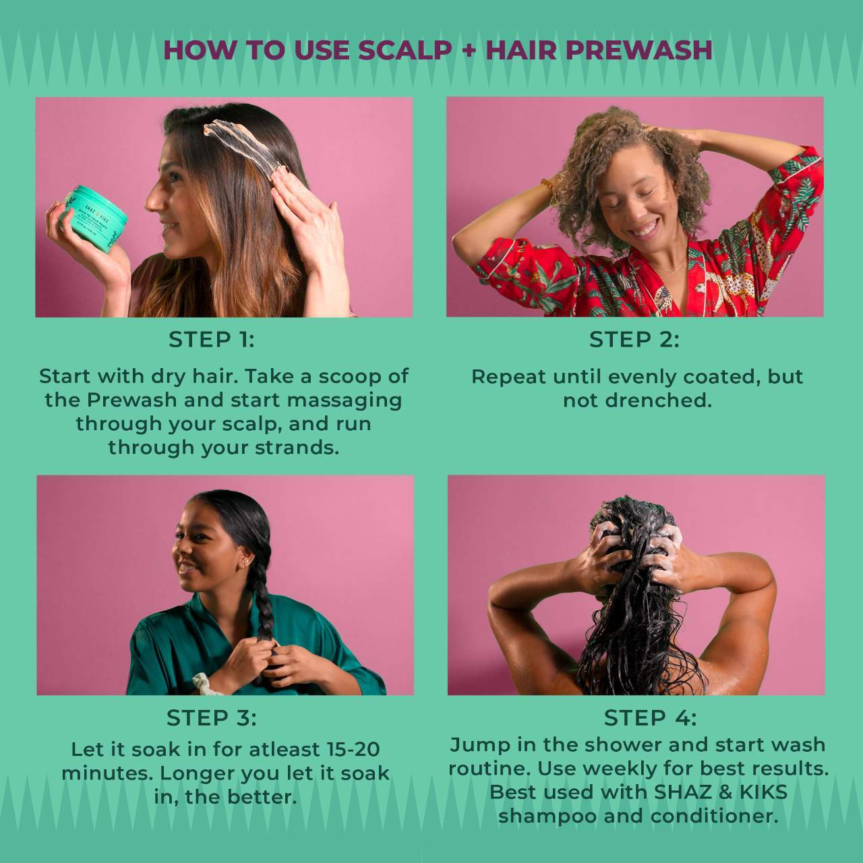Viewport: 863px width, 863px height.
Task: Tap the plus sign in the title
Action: (469, 51)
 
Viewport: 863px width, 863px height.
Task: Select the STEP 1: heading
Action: (212, 340)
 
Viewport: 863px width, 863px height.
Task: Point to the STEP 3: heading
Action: (212, 718)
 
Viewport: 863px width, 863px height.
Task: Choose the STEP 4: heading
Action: (650, 718)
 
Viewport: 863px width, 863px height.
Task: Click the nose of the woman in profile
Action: (152, 200)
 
